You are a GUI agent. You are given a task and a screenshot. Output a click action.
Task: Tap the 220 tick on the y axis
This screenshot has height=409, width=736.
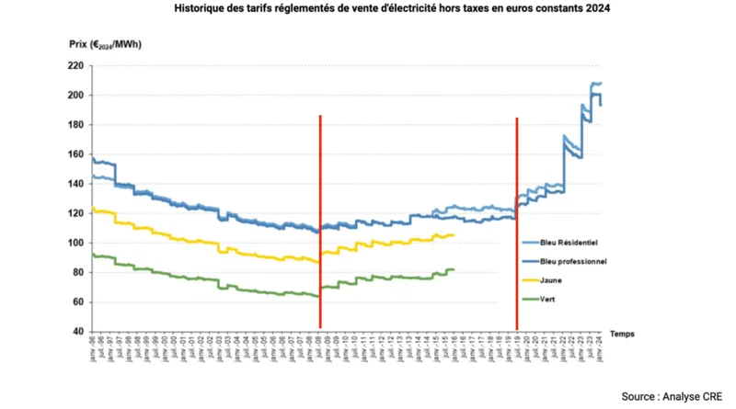75,66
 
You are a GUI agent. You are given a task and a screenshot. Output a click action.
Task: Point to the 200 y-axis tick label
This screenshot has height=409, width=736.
75,96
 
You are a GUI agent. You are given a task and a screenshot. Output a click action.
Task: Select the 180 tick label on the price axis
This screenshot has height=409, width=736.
75,125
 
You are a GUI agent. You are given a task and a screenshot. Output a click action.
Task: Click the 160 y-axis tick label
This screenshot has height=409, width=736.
75,154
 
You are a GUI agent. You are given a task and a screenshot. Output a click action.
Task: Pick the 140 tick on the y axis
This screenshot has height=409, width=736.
75,184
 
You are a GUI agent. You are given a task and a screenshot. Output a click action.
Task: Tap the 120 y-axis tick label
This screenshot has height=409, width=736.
75,213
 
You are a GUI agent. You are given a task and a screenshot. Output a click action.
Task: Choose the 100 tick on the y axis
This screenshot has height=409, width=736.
75,243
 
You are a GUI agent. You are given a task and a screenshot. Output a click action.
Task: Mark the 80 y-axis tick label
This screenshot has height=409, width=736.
77,272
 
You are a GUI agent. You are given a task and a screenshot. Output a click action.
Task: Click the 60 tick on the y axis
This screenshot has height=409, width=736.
77,301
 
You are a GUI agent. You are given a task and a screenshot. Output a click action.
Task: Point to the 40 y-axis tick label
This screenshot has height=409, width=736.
77,331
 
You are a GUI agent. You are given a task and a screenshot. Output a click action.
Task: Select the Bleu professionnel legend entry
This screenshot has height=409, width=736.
576,262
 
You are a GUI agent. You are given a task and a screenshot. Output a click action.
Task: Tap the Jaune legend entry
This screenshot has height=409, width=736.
558,280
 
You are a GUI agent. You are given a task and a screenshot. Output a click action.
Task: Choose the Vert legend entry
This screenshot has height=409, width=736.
555,299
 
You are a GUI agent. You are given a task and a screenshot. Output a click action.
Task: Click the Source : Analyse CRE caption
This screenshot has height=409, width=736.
673,396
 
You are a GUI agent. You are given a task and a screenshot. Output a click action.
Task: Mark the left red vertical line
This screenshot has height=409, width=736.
319,221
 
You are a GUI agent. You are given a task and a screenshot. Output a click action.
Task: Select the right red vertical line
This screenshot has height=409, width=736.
516,221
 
